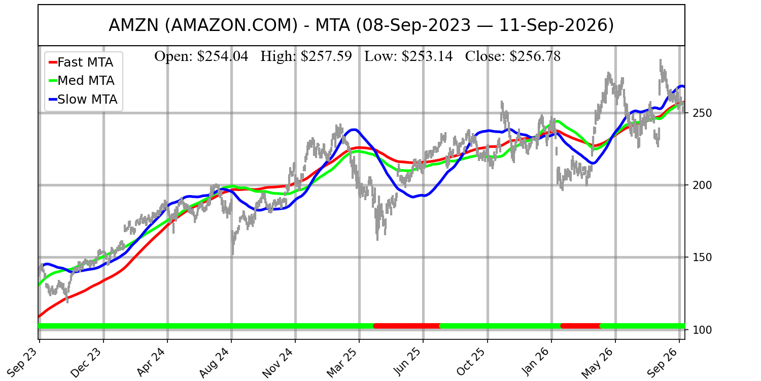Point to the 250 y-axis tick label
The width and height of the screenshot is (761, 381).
(702, 113)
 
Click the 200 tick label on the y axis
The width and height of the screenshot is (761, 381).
(702, 185)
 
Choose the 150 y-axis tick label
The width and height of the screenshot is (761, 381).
(702, 258)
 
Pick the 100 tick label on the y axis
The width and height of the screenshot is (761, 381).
(702, 330)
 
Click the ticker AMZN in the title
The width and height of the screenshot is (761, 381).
(133, 25)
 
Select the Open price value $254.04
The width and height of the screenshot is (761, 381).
(223, 56)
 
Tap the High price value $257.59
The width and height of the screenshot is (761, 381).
(326, 56)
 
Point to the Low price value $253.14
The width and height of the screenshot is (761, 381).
(427, 56)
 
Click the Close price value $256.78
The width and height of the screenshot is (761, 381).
(535, 56)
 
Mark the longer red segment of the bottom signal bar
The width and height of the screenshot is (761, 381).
(407, 326)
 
